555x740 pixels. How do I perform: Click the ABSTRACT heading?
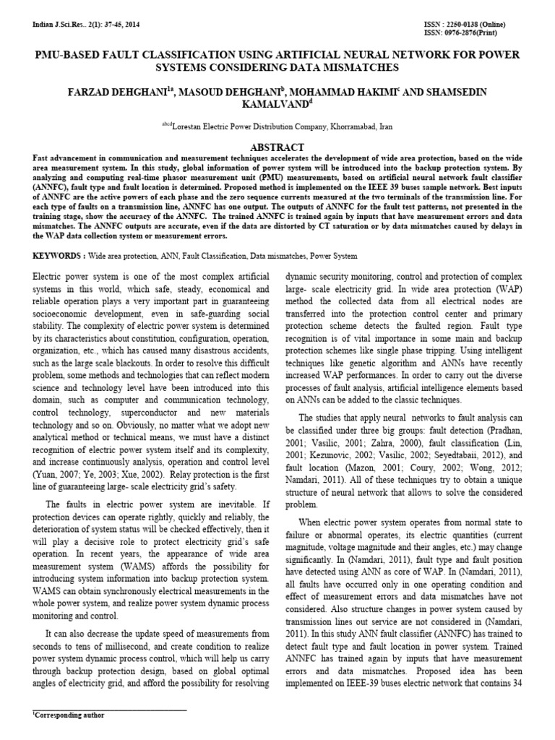277,146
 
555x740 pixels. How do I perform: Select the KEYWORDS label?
57,256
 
